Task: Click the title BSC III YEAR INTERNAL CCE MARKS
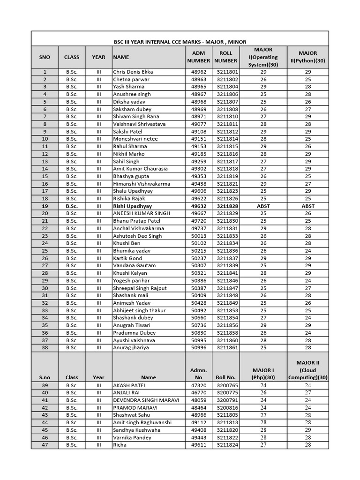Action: pos(180,42)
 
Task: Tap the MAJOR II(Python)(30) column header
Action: pos(307,57)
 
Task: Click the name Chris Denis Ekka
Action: pos(133,72)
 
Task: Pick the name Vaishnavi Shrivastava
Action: pos(139,124)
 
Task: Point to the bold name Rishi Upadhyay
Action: pos(132,206)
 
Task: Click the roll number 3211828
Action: pos(227,206)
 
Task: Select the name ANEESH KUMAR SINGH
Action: pos(142,213)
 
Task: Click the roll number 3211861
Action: pos(227,348)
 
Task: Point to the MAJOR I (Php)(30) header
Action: pos(263,374)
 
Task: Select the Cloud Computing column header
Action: pos(307,370)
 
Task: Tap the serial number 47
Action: pos(45,445)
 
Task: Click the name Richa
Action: pos(120,445)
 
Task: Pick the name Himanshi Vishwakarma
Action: pos(142,184)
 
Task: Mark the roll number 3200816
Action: pos(227,408)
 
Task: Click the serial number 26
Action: pos(45,258)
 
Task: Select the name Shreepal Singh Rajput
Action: pos(140,288)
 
